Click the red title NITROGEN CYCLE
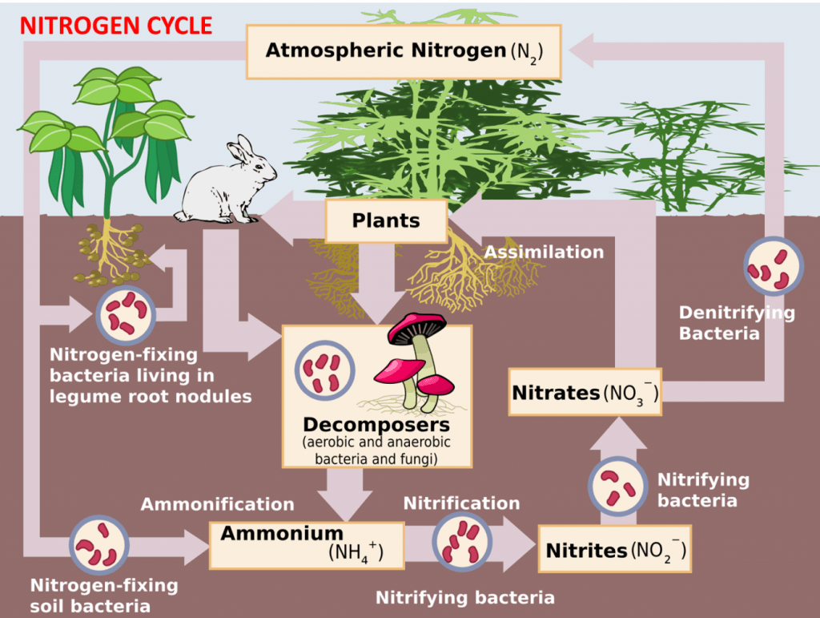116,26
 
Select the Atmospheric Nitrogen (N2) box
404,51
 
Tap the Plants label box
385,220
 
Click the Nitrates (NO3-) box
585,393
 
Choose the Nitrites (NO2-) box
614,551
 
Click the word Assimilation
544,252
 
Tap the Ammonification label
218,504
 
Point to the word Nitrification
461,503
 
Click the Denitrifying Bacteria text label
737,322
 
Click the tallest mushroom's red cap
416,325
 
